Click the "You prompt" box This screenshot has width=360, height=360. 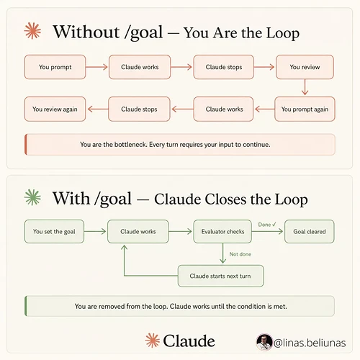click(55, 67)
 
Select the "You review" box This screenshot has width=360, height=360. click(305, 67)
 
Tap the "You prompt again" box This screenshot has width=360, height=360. click(305, 109)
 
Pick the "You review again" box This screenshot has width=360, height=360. click(55, 109)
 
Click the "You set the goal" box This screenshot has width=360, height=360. click(54, 232)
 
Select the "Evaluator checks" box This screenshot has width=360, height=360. click(222, 232)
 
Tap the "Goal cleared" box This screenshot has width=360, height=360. click(310, 232)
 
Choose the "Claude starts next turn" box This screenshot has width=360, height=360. click(220, 276)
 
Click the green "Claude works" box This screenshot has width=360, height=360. click(138, 232)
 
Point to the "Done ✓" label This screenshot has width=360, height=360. click(267, 225)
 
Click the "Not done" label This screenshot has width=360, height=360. click(240, 254)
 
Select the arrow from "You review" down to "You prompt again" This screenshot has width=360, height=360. click(305, 87)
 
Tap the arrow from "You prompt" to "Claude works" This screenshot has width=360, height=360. click(96, 67)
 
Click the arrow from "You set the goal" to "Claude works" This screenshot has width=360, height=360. click(95, 231)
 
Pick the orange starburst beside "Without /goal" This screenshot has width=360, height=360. click(32, 31)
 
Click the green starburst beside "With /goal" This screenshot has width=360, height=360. click(32, 197)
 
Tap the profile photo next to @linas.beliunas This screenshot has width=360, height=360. click(264, 342)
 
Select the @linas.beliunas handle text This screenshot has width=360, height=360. click(310, 343)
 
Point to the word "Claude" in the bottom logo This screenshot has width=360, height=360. click(189, 341)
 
